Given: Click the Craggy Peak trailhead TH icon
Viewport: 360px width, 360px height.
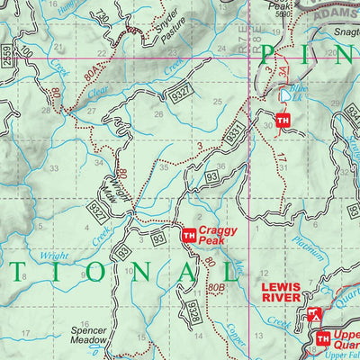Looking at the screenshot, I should point(188,236).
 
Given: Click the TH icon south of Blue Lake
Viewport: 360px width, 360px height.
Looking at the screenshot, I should point(283,121).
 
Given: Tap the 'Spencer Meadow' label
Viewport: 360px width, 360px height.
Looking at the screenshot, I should point(89,336).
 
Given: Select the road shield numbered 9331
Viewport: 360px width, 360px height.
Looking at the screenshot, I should point(233,133).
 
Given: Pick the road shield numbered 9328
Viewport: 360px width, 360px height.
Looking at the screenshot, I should point(193,310).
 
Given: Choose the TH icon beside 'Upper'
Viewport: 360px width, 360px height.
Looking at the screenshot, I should point(322,337).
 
